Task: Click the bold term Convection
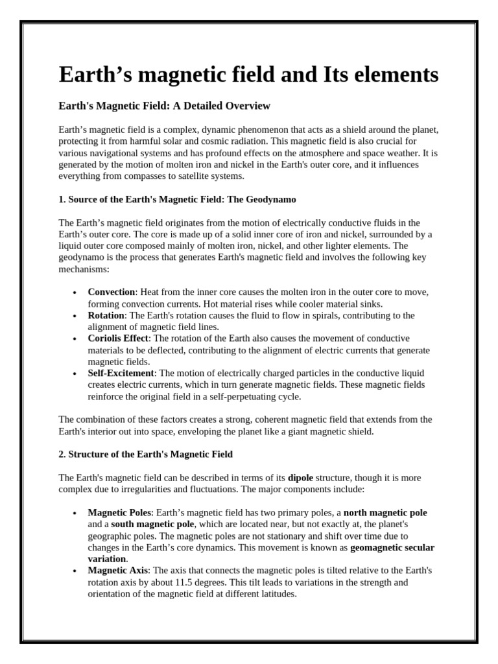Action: (x=112, y=292)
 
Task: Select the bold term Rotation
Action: (x=106, y=316)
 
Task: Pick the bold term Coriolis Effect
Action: (x=118, y=338)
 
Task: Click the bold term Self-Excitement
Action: (x=121, y=373)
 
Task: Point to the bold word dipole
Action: (x=300, y=478)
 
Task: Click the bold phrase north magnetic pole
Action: (x=385, y=513)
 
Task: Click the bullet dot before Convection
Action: (x=76, y=293)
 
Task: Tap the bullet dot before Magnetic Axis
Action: (x=76, y=571)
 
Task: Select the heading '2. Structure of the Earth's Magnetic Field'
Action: (x=145, y=455)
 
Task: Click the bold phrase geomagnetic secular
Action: (x=392, y=548)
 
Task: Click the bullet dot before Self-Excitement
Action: (x=76, y=374)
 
